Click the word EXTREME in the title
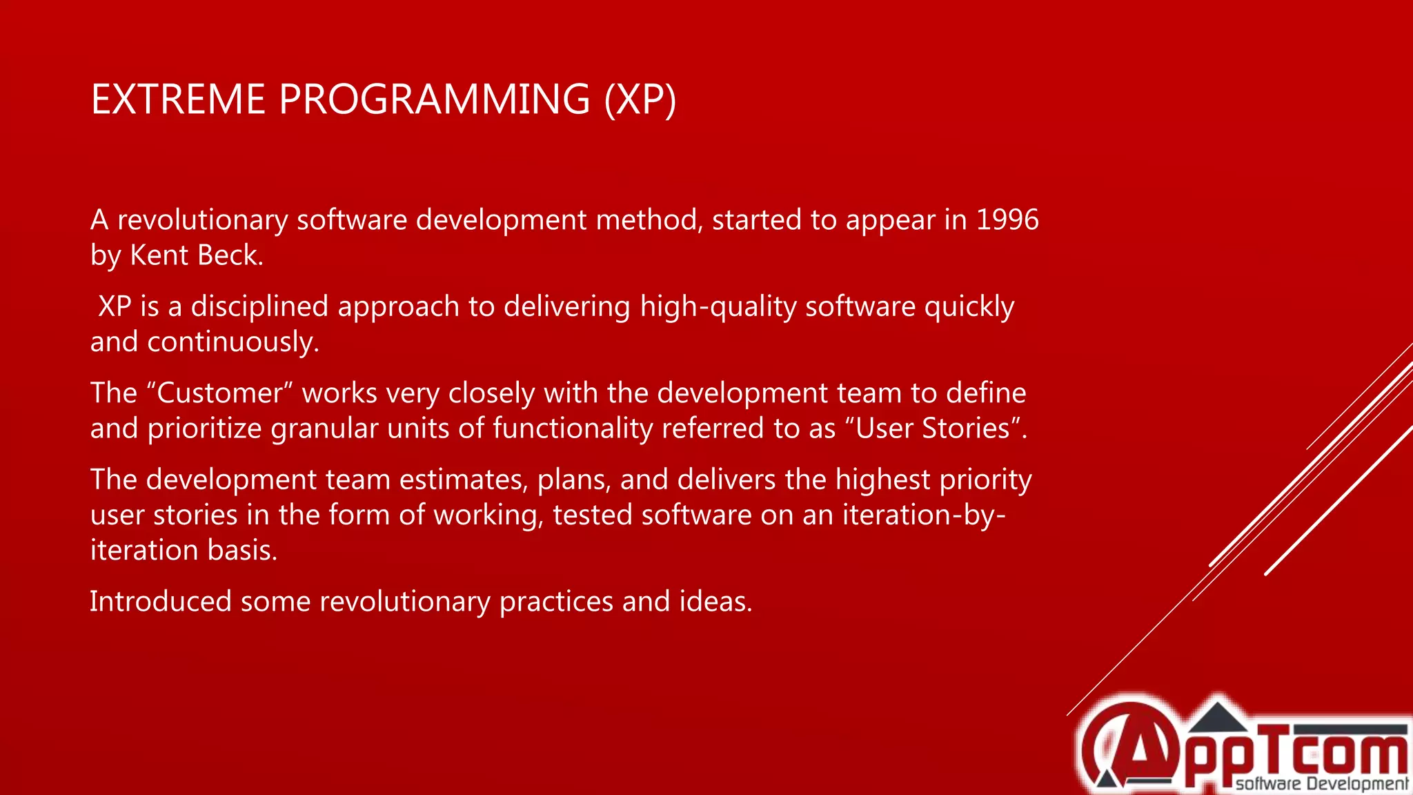click(178, 99)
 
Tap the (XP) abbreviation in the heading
click(640, 99)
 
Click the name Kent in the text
click(159, 255)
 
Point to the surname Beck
click(230, 255)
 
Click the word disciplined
click(259, 306)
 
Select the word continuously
click(233, 342)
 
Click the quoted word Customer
click(220, 393)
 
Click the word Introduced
click(160, 602)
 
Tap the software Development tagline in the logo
click(1321, 783)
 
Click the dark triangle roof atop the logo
click(1218, 718)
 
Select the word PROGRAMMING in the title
click(435, 99)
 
